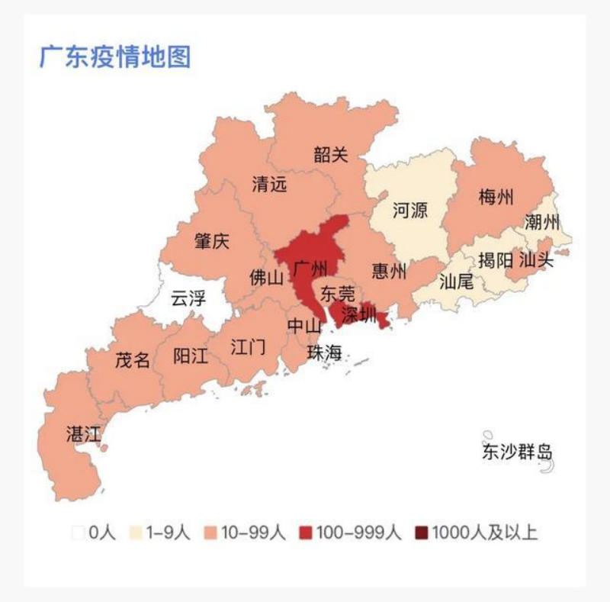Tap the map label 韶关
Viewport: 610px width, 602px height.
pyautogui.click(x=330, y=155)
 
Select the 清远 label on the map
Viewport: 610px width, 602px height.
pyautogui.click(x=270, y=184)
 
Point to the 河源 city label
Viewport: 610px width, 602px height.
pyautogui.click(x=410, y=210)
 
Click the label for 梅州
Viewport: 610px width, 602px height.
pyautogui.click(x=496, y=198)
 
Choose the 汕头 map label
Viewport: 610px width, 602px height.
pyautogui.click(x=536, y=259)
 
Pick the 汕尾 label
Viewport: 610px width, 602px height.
pyautogui.click(x=457, y=281)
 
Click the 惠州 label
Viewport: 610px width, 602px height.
pyautogui.click(x=390, y=272)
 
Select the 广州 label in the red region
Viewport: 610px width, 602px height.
pyautogui.click(x=310, y=269)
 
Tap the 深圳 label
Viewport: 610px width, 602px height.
pyautogui.click(x=359, y=314)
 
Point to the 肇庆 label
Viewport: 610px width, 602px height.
pyautogui.click(x=211, y=242)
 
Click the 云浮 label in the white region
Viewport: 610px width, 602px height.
pyautogui.click(x=188, y=298)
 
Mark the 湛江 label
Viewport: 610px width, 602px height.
pyautogui.click(x=84, y=435)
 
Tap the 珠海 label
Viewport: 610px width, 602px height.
pyautogui.click(x=325, y=353)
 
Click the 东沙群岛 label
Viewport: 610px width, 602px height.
pyautogui.click(x=517, y=452)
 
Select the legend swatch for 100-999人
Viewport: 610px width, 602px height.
pyautogui.click(x=307, y=533)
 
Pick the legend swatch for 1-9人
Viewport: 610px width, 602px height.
pyautogui.click(x=136, y=533)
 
